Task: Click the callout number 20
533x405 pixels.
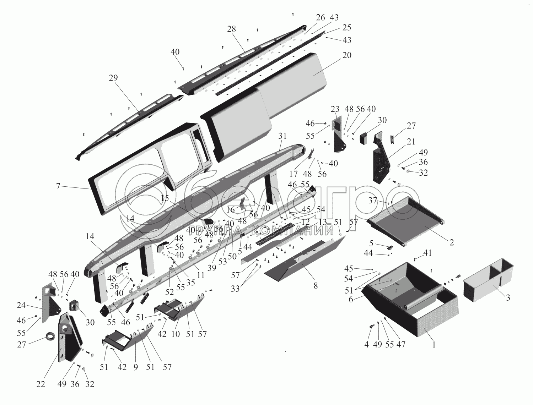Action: coord(346,55)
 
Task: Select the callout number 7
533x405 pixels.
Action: coord(58,186)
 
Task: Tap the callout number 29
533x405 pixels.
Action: coord(113,78)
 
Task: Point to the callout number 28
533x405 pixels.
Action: coord(231,29)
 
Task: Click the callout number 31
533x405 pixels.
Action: coord(282,136)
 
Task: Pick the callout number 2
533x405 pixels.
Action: coord(451,242)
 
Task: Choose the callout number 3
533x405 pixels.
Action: coord(508,297)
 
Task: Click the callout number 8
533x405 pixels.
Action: coord(316,286)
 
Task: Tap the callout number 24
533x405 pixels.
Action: coord(21,305)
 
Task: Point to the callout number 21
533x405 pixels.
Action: coord(411,141)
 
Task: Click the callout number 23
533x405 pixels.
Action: coord(335,109)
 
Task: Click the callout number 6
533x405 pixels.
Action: coord(351,300)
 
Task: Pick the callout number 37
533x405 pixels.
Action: coord(373,200)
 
